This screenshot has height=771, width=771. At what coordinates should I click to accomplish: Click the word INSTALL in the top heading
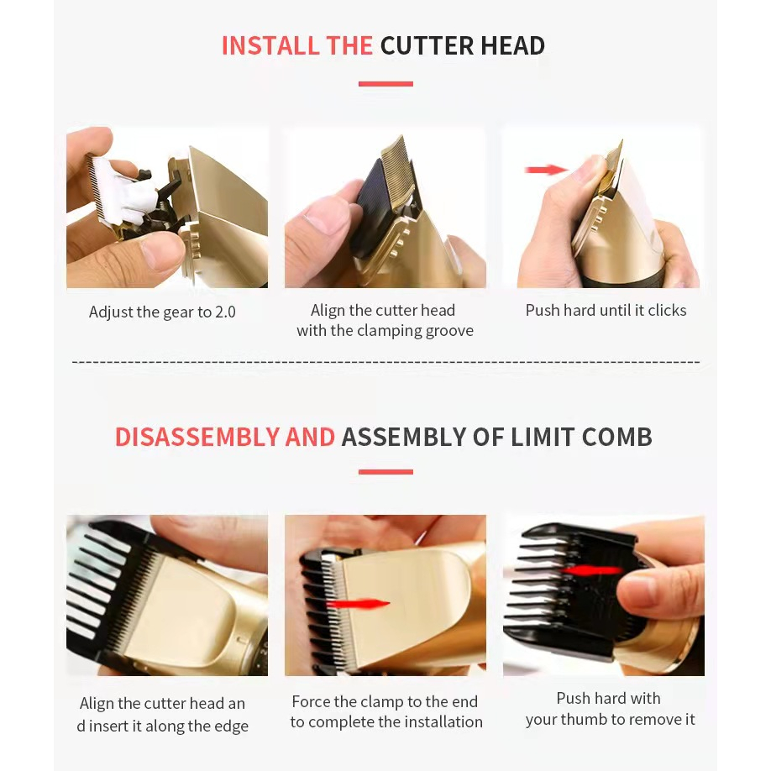tap(270, 45)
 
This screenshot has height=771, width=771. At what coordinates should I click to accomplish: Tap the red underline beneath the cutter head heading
tap(385, 84)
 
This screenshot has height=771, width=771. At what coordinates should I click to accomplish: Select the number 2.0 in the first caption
tap(225, 312)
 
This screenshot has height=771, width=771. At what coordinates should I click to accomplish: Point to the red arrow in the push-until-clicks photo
tap(547, 170)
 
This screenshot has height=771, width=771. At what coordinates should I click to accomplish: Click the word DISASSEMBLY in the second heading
tap(197, 437)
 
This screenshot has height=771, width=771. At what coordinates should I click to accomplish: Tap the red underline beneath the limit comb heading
tap(385, 472)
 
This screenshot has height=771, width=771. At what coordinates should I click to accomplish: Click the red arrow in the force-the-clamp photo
tap(358, 604)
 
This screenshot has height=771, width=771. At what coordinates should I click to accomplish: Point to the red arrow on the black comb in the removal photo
tap(592, 571)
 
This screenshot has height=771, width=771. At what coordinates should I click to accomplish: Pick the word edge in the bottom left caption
tap(232, 726)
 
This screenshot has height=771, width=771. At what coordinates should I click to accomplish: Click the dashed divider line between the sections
tap(386, 362)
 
